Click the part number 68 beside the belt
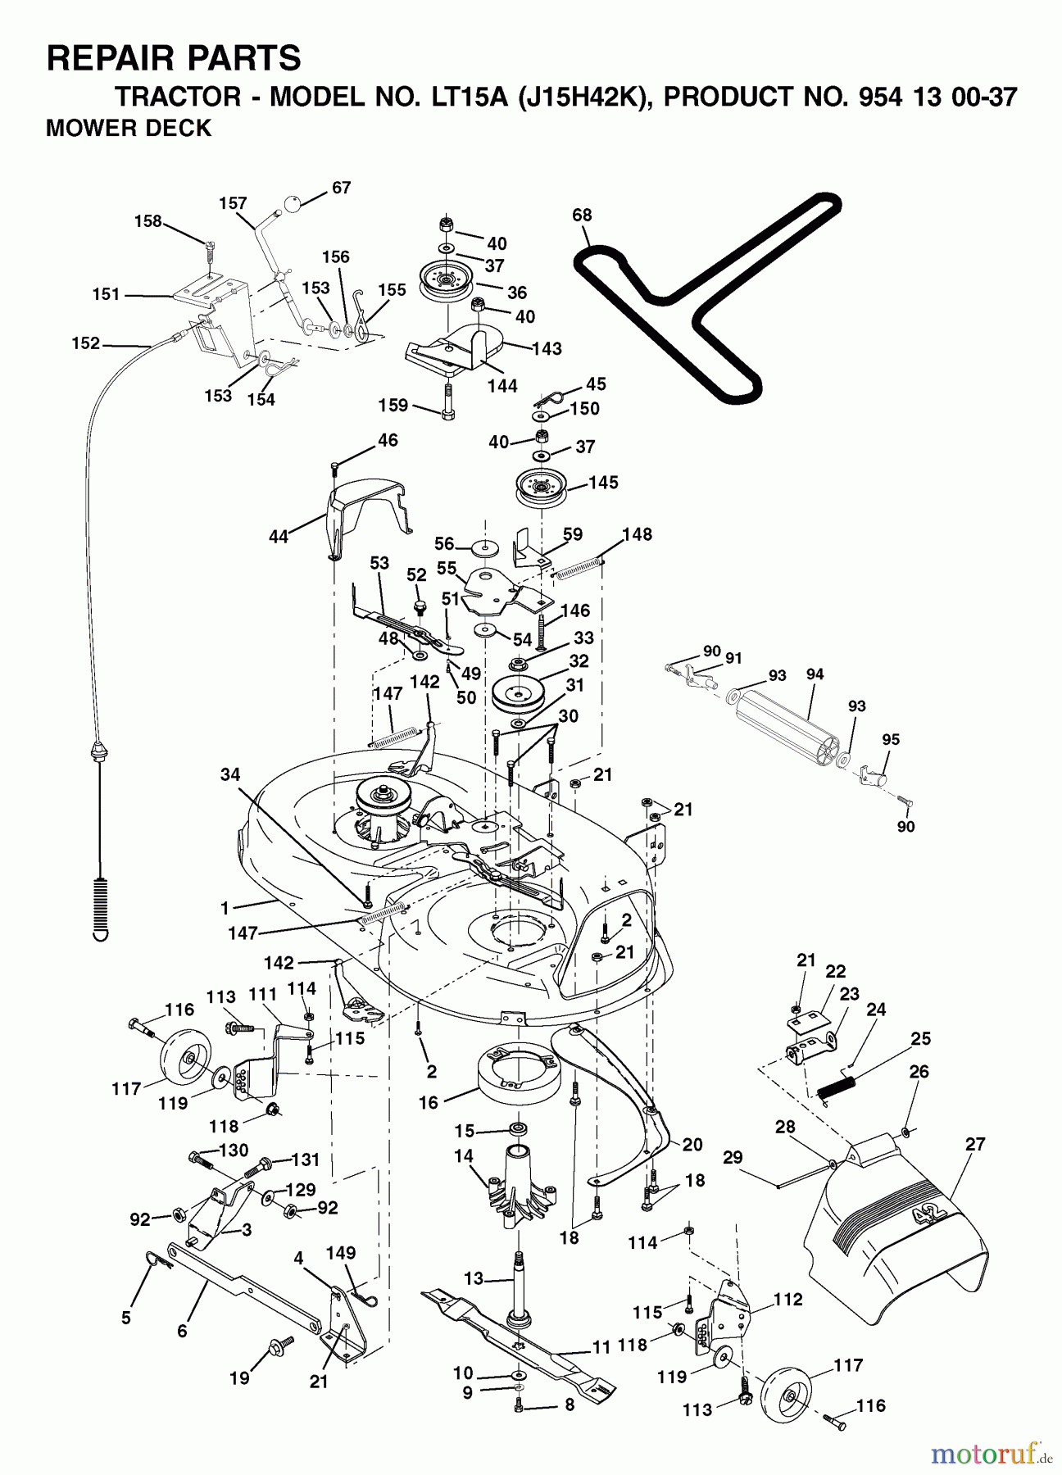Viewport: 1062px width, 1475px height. click(x=582, y=216)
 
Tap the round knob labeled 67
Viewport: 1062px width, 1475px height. click(x=293, y=206)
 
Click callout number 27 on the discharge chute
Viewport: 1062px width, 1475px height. click(x=975, y=1144)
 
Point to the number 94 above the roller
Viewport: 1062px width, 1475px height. click(x=815, y=674)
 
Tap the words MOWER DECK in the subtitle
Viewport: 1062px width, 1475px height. click(x=129, y=129)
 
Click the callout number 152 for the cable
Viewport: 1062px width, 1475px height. click(x=85, y=343)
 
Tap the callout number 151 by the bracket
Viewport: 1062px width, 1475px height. click(x=107, y=294)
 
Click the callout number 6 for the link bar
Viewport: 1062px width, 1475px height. click(x=181, y=1332)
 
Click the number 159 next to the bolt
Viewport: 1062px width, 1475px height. click(x=393, y=405)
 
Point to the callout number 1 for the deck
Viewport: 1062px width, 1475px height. click(x=225, y=907)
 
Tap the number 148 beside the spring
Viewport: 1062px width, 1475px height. click(x=637, y=534)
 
